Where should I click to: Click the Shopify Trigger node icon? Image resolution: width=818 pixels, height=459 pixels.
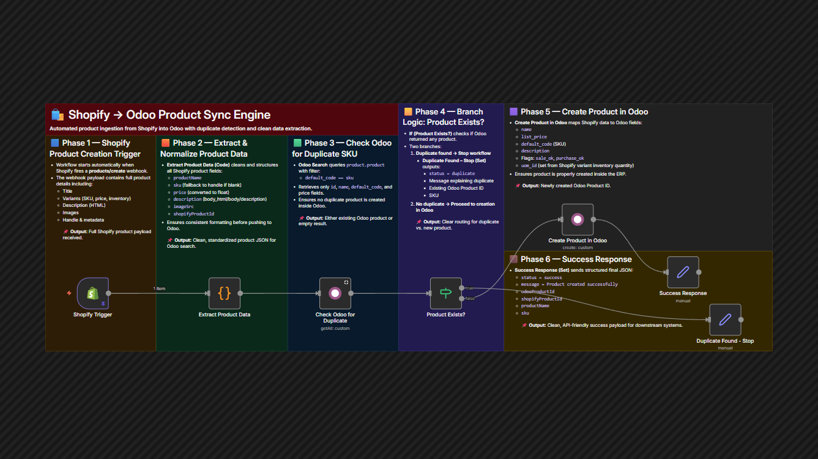[93, 293]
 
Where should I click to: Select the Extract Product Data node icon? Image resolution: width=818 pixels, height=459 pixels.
[225, 293]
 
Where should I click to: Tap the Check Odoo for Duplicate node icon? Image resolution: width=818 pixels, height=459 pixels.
[335, 293]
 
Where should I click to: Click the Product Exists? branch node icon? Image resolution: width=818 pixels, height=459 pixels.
[446, 293]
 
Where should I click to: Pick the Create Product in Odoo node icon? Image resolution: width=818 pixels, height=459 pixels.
[578, 220]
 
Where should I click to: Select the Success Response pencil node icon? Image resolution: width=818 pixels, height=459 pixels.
[683, 272]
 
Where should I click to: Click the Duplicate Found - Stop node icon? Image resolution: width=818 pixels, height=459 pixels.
[725, 319]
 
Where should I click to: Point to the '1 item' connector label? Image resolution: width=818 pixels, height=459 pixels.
[159, 288]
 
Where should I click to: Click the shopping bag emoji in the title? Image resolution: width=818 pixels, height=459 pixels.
[58, 114]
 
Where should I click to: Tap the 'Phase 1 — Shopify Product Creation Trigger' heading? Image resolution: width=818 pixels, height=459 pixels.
[95, 148]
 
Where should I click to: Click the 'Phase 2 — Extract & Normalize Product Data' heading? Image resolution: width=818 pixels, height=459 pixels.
[204, 148]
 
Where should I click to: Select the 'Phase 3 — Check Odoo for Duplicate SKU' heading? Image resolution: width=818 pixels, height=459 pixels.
[342, 148]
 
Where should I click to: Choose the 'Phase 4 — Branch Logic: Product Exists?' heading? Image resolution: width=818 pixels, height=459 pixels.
[444, 117]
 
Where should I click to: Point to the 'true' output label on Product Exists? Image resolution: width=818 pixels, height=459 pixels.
[469, 288]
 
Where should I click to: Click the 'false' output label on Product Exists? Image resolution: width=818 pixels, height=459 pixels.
[470, 298]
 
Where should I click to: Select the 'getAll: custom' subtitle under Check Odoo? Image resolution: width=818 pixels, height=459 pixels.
[335, 329]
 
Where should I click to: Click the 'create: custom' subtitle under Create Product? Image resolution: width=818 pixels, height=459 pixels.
[578, 248]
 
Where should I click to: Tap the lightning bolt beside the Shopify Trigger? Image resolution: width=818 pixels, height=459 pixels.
[69, 293]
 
